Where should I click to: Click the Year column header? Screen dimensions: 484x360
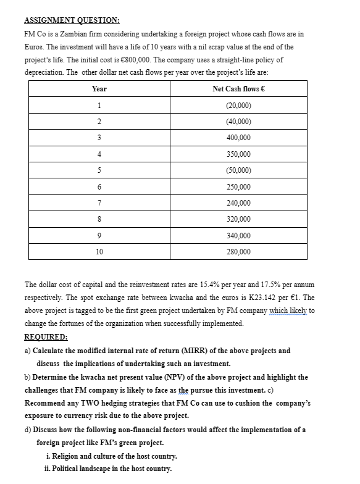[99, 89]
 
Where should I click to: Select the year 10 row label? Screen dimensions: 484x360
[99, 252]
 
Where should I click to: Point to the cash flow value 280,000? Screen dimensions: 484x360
[238, 252]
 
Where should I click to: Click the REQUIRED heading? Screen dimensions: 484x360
[46, 337]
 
